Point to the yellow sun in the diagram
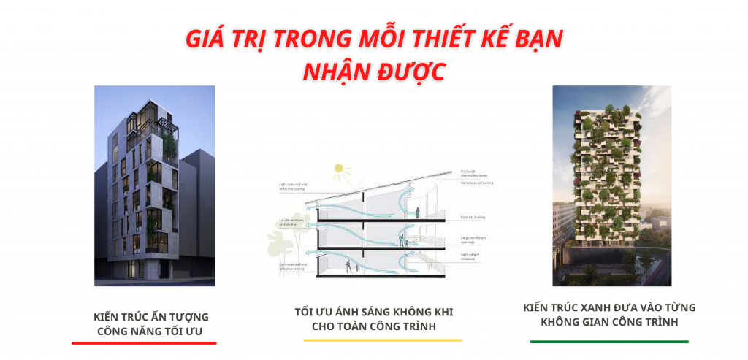[x=338, y=169]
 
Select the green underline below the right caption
[x=609, y=341]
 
